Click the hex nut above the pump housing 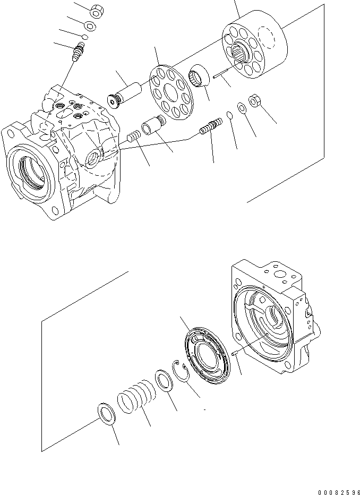96,10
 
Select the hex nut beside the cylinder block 253,101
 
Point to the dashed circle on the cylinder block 269,43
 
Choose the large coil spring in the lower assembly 138,396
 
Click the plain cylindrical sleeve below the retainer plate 153,127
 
